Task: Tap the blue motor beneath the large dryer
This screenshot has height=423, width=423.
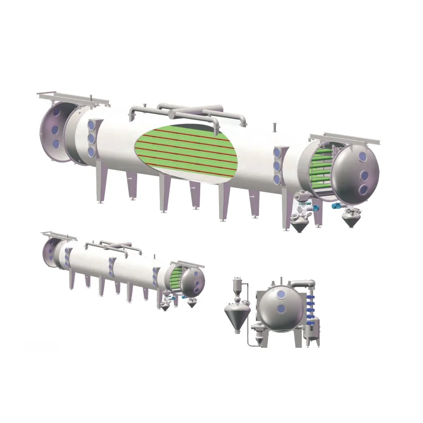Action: (x=337, y=206)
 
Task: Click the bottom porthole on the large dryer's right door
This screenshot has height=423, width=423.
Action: (x=363, y=189)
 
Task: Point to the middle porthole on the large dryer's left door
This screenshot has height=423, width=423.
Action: (x=55, y=129)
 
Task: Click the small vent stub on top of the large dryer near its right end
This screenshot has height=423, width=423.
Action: (x=275, y=127)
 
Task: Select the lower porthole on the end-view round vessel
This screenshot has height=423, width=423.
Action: (x=281, y=309)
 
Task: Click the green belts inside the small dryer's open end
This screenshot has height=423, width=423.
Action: (x=175, y=277)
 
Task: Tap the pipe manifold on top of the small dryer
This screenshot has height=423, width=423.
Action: (x=113, y=247)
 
